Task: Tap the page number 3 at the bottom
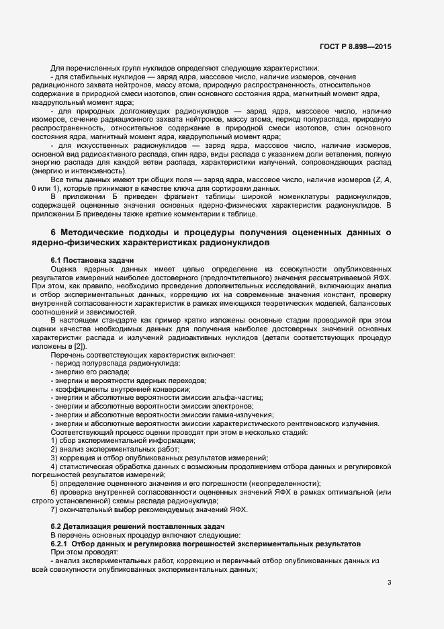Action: tap(390, 582)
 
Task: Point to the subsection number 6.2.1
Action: tap(62, 542)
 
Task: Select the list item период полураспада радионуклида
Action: tap(116, 363)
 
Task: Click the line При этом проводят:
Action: tap(84, 551)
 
